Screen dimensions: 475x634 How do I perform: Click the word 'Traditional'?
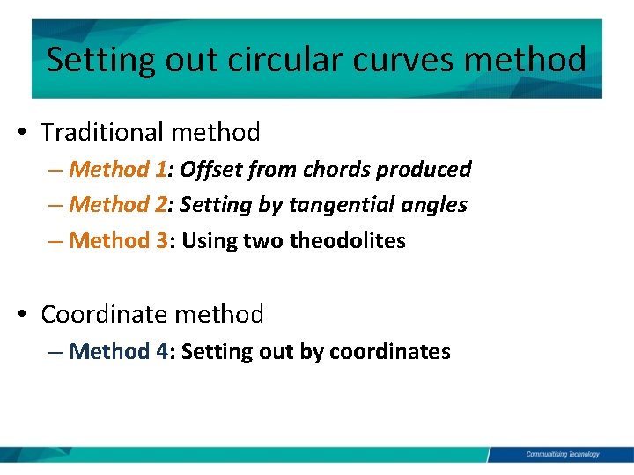pos(103,133)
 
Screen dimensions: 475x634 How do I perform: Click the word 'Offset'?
pos(209,169)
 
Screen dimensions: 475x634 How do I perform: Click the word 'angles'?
pos(434,205)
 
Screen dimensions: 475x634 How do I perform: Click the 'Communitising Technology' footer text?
pos(562,454)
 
